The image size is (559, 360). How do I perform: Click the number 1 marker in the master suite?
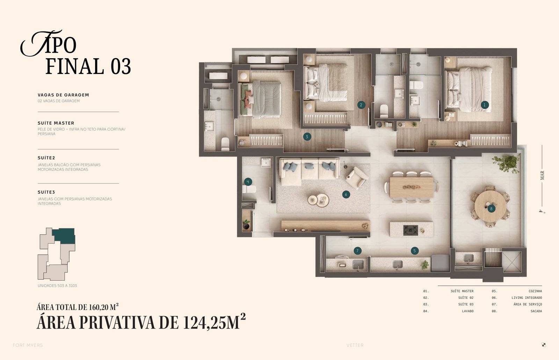485,105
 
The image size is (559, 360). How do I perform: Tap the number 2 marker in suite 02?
361,105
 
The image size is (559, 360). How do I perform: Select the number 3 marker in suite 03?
307,137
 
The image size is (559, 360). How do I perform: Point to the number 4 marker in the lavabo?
248,182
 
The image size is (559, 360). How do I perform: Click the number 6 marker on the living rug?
346,194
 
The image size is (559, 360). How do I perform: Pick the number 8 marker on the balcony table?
491,208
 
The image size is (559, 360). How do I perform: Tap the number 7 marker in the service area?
358,251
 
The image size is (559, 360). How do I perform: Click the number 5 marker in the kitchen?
414,251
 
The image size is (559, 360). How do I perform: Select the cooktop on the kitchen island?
411,230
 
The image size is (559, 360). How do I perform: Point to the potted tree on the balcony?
507,163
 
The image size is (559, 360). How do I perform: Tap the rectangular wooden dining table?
412,187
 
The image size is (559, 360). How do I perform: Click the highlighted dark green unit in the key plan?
64,236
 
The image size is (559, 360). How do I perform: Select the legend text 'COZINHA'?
535,291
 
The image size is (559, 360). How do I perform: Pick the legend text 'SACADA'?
536,311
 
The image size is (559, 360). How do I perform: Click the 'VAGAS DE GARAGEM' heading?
63,95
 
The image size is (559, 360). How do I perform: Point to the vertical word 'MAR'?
542,175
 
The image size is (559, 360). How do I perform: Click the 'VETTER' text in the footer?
355,345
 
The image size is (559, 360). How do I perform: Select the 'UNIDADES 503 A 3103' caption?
57,286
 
